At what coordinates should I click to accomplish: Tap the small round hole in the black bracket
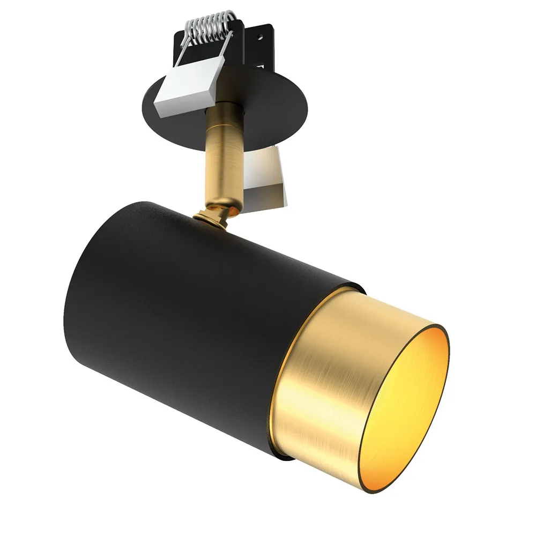262,38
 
